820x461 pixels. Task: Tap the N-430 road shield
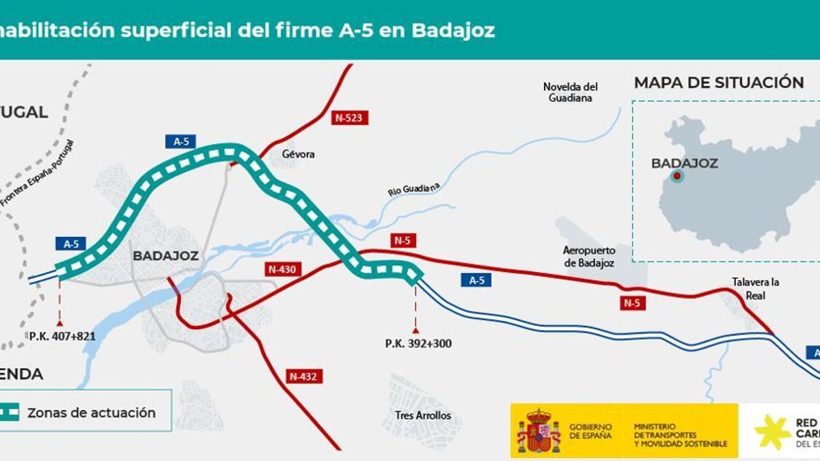(282, 269)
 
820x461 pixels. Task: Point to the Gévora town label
(299, 154)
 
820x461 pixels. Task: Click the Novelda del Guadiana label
(570, 92)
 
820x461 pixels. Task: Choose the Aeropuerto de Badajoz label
(588, 256)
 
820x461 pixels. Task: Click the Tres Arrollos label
(423, 415)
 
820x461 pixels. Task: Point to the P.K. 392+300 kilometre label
(418, 344)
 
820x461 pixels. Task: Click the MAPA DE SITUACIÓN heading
(719, 83)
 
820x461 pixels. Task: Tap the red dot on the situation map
(676, 176)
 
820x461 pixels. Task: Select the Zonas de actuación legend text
(92, 413)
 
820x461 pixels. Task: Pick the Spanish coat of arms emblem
(538, 431)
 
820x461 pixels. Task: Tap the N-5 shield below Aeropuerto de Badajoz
(633, 303)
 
